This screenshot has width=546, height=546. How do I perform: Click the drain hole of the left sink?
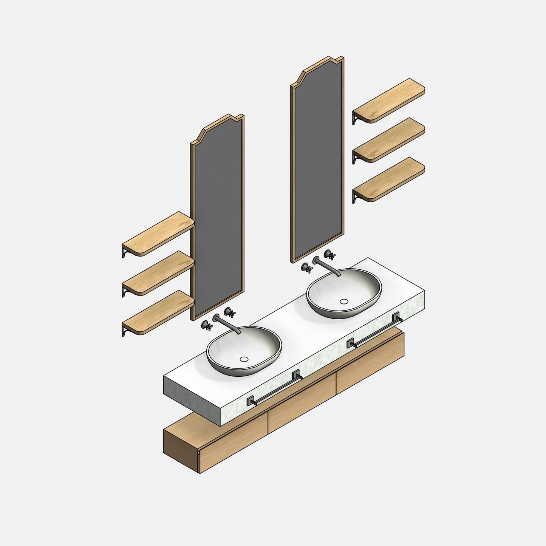(244, 359)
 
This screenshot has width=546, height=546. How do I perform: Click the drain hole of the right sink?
(344, 301)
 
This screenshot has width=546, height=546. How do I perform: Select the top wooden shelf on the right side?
(389, 100)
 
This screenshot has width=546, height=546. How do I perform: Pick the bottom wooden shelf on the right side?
(389, 179)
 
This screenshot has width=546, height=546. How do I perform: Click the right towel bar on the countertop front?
(374, 331)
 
